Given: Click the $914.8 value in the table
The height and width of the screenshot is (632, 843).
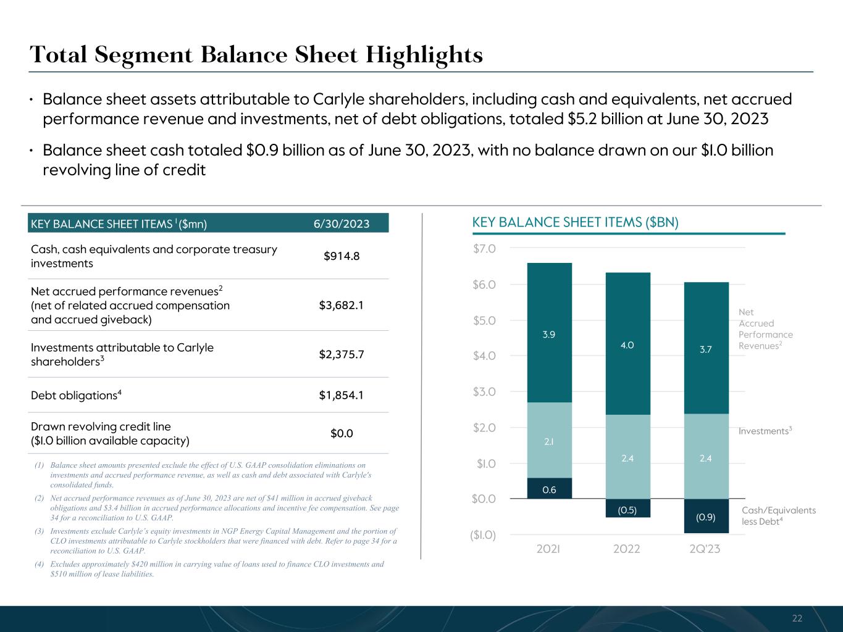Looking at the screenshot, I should coord(342,256).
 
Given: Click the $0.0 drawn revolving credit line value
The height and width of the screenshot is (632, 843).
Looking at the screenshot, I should coord(342,433).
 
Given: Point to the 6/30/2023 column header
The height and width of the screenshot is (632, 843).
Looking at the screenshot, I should coord(341,223).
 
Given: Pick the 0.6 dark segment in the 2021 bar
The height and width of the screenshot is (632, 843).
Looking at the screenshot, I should coord(549,489).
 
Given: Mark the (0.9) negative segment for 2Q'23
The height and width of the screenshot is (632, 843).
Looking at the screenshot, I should coord(706,517).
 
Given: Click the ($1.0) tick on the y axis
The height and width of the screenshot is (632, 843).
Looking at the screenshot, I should coord(482,534).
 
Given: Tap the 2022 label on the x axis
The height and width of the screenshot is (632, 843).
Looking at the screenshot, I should coord(627,549).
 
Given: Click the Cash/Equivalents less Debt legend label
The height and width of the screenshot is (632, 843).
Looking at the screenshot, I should coord(778,515).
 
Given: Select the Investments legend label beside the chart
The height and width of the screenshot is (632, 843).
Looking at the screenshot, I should coord(765,431).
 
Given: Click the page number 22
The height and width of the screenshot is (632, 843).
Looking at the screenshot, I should coord(797,618).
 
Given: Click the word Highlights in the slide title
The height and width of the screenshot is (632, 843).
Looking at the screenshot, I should coord(424,55).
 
